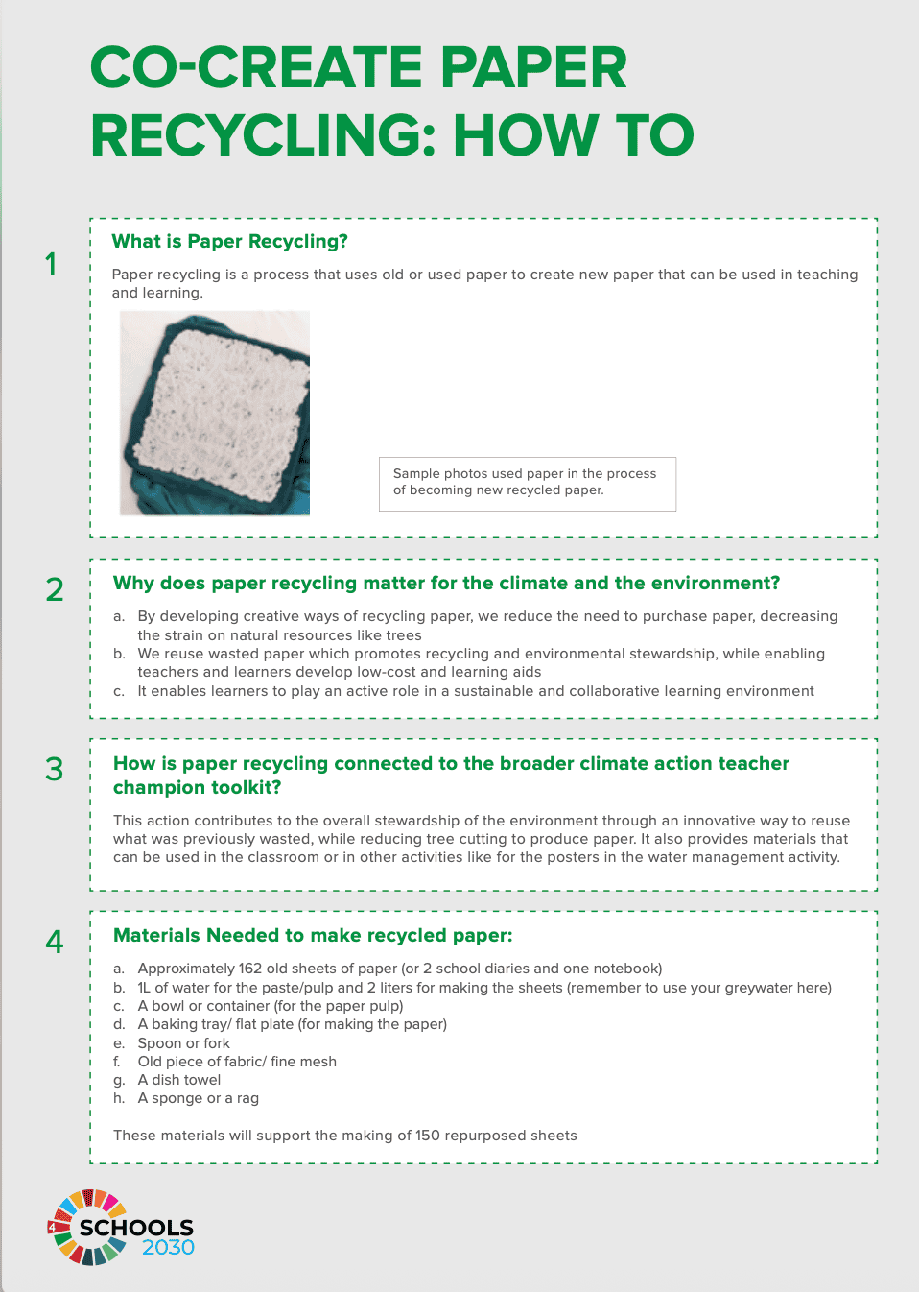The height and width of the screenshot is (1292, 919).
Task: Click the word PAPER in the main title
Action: tap(533, 68)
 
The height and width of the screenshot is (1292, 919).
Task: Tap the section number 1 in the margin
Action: tap(52, 264)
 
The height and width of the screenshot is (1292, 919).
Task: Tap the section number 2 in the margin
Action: tap(55, 589)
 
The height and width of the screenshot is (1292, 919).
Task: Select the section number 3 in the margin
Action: tap(55, 769)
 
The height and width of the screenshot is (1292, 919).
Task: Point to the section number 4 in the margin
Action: tap(55, 942)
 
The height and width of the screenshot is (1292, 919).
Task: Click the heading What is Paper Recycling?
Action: tap(229, 241)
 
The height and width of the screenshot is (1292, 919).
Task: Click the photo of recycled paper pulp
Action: tap(215, 413)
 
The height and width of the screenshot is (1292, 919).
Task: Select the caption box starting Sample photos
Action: tap(527, 483)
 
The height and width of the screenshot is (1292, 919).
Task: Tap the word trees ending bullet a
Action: tap(404, 635)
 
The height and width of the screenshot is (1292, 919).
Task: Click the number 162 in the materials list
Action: tap(250, 969)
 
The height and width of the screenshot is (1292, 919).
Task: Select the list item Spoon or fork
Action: tap(183, 1043)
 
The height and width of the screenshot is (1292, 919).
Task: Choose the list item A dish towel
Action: tap(178, 1080)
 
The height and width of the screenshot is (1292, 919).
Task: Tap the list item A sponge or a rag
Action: tap(198, 1098)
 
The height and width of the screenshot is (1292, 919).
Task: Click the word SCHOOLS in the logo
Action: tap(136, 1228)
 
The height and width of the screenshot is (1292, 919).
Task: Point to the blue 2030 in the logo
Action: tap(168, 1248)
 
